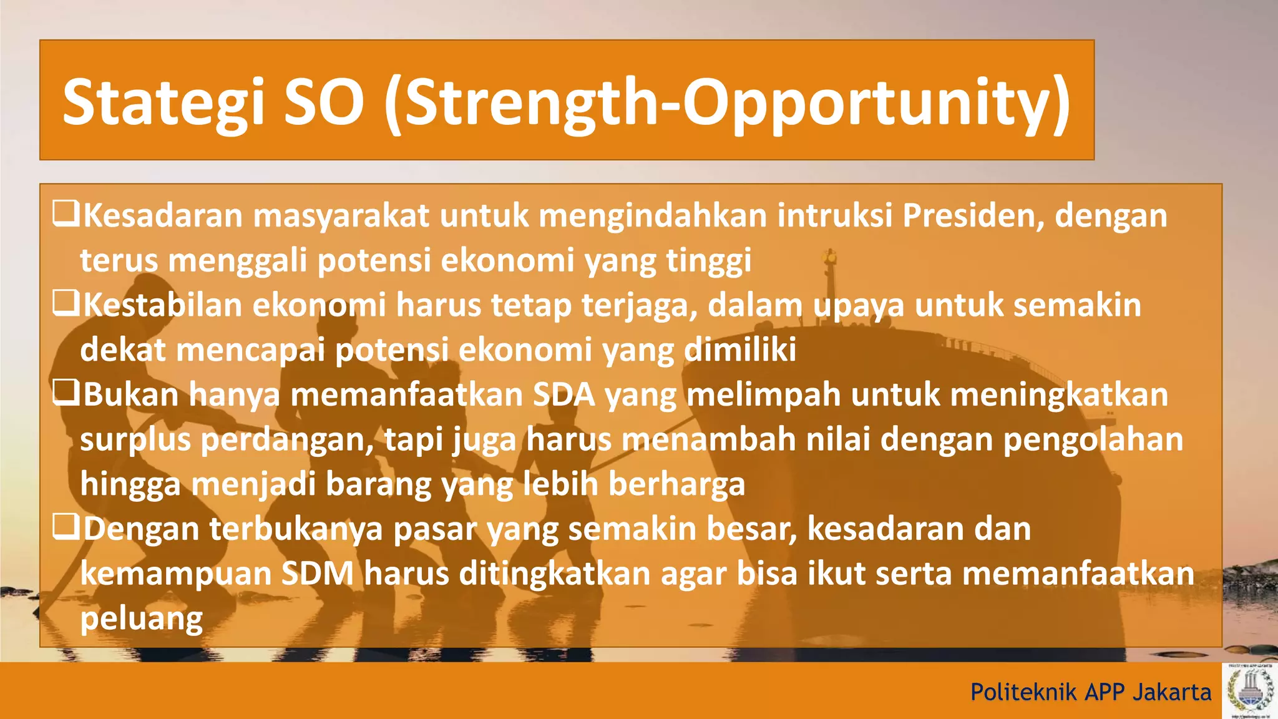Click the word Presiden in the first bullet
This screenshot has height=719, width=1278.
[973, 216]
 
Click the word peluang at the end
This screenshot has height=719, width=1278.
[142, 620]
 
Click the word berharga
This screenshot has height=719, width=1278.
[676, 484]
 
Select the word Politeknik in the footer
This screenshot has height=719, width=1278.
[1023, 692]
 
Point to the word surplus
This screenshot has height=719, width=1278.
[135, 441]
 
